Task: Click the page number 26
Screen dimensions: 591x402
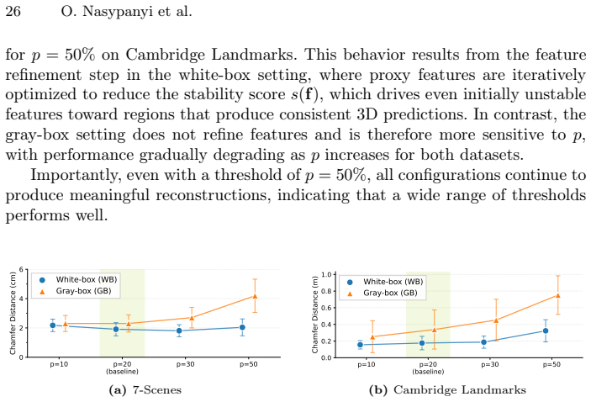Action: [x=13, y=11]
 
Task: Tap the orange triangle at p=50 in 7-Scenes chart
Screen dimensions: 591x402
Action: [x=255, y=296]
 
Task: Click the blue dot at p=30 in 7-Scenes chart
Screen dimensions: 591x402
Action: [x=179, y=331]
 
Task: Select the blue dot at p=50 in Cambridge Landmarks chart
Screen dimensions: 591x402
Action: [x=545, y=331]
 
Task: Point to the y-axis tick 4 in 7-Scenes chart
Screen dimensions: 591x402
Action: [x=21, y=299]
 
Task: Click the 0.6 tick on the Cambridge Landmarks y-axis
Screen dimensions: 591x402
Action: [x=326, y=308]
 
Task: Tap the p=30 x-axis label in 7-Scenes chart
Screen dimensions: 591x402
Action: [x=185, y=364]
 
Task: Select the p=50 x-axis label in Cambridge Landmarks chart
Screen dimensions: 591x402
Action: [x=551, y=365]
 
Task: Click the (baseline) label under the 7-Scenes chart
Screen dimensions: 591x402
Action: [x=122, y=372]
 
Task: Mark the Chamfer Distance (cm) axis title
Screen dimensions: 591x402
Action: [x=13, y=313]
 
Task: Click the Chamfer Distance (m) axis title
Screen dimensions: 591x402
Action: [x=315, y=315]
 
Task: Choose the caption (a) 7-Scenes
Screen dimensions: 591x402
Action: [x=145, y=390]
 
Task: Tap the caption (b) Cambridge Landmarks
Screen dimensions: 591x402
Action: [x=447, y=390]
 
